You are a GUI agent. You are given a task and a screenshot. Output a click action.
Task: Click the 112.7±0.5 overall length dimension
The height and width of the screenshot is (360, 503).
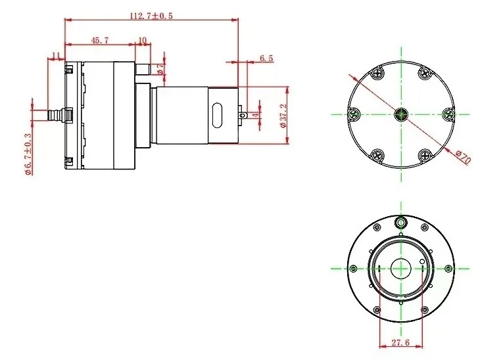click(x=151, y=16)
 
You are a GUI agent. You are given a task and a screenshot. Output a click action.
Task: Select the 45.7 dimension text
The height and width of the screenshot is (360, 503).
click(x=100, y=40)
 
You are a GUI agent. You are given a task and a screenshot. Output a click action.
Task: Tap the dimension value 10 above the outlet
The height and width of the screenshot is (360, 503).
click(x=143, y=40)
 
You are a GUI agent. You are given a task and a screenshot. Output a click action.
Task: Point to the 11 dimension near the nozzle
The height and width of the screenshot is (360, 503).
click(x=56, y=55)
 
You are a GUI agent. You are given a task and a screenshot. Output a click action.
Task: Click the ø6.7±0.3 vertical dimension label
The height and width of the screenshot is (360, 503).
click(x=28, y=154)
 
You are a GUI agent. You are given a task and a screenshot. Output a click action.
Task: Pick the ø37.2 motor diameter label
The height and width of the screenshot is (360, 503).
click(x=283, y=116)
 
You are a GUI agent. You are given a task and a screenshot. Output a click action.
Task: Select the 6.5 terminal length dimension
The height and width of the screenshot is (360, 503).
click(x=266, y=58)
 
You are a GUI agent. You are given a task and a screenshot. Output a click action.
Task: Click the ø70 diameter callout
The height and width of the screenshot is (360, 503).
click(x=464, y=157)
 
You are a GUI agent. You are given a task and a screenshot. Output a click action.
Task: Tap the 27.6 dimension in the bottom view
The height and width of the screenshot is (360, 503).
click(x=400, y=342)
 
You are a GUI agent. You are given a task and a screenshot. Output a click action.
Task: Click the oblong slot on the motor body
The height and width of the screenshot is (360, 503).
click(x=217, y=115)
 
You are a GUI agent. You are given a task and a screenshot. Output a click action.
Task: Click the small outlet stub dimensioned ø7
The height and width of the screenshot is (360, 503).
click(x=143, y=69)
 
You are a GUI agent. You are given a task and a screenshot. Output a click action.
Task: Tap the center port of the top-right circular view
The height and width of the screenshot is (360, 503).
click(x=401, y=114)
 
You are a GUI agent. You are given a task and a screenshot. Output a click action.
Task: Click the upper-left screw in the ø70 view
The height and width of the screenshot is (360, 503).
click(x=377, y=74)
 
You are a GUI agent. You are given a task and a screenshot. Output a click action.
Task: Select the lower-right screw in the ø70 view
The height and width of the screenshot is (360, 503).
click(x=425, y=156)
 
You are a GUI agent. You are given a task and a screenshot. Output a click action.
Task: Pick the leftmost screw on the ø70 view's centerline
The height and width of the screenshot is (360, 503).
click(x=354, y=114)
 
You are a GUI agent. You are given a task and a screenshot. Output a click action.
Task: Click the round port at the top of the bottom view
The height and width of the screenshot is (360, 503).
click(x=400, y=221)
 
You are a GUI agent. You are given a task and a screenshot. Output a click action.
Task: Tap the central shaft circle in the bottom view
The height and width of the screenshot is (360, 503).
click(x=401, y=269)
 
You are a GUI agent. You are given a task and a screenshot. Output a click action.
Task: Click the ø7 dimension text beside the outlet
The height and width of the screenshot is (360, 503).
click(x=161, y=69)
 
